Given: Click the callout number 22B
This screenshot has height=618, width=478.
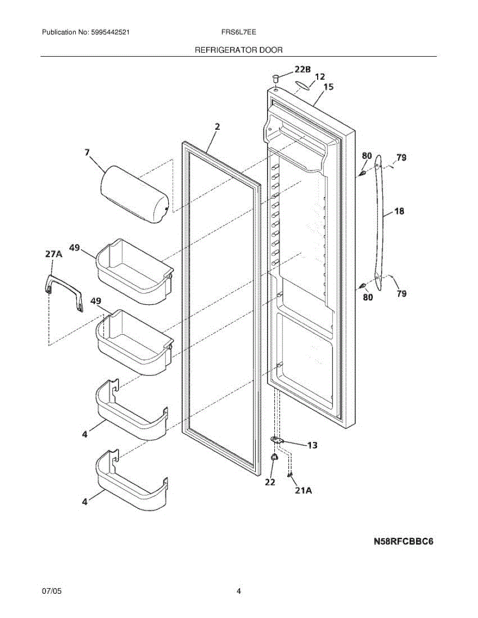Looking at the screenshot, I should pyautogui.click(x=303, y=69).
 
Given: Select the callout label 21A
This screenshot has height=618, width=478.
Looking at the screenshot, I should pyautogui.click(x=303, y=491).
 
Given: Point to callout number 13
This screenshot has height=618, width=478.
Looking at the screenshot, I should pyautogui.click(x=312, y=445).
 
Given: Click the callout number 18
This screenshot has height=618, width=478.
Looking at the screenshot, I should pyautogui.click(x=399, y=211).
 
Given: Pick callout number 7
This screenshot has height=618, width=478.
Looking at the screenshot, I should pyautogui.click(x=87, y=152).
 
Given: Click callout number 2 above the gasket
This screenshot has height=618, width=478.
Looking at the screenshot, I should pyautogui.click(x=217, y=126).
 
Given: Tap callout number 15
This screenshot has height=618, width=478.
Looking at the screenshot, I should pyautogui.click(x=328, y=87).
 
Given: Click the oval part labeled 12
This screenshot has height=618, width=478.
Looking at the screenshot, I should pyautogui.click(x=303, y=84).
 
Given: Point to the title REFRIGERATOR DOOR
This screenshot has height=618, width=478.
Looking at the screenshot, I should pyautogui.click(x=239, y=50).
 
